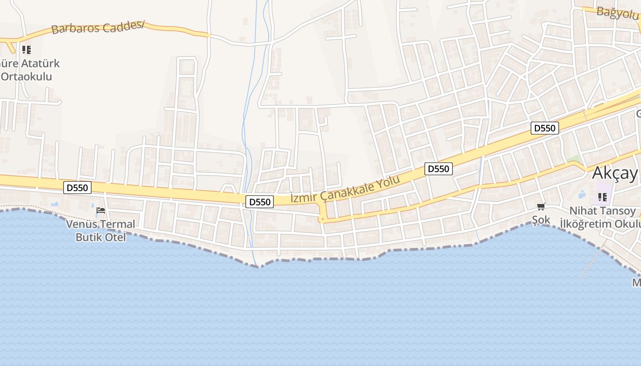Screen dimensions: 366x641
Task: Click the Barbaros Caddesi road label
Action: [98, 27]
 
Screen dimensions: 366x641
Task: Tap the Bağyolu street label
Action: [617, 13]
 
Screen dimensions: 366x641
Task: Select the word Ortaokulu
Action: [27, 76]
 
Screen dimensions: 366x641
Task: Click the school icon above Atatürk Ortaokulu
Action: [27, 49]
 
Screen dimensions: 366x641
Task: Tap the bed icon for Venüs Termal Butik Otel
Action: [101, 210]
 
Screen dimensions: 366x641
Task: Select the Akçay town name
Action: [614, 173]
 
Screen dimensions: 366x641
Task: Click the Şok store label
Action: [541, 220]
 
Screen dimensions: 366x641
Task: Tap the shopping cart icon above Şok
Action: [541, 207]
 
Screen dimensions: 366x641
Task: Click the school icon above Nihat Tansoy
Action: [602, 197]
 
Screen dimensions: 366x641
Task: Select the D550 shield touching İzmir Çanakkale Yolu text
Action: [260, 202]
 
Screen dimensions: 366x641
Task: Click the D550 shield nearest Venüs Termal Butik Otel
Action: [78, 187]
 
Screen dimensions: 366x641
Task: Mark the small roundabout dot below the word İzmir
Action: [322, 219]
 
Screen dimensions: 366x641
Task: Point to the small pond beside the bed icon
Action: [54, 204]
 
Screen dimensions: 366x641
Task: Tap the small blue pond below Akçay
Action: [582, 195]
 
